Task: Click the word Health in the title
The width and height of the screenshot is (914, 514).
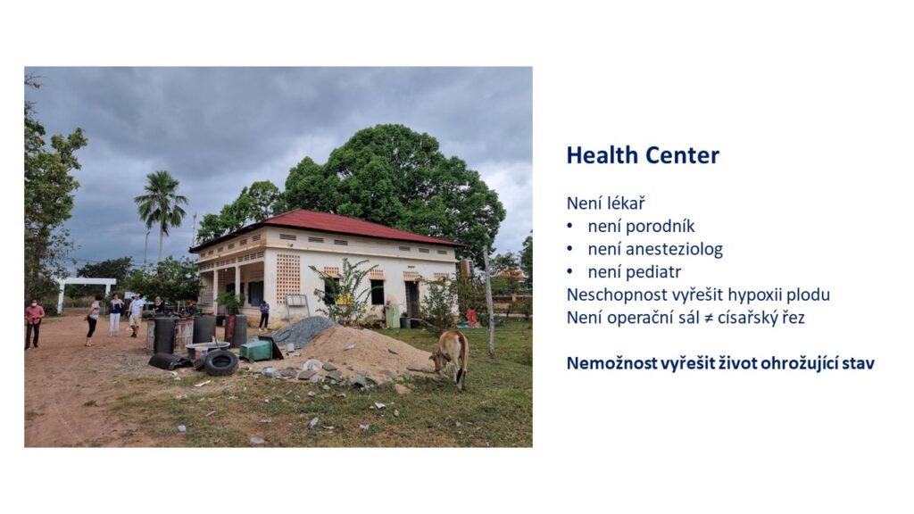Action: click(602, 155)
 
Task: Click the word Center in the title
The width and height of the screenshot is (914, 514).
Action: click(683, 155)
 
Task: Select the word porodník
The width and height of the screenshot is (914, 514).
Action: click(641, 226)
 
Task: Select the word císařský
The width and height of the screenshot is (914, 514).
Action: click(749, 318)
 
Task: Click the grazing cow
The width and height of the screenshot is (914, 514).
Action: click(451, 356)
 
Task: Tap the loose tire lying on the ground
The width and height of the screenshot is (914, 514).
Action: click(221, 362)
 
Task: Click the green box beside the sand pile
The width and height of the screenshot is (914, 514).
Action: click(256, 350)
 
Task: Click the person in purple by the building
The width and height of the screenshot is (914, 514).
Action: click(264, 315)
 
